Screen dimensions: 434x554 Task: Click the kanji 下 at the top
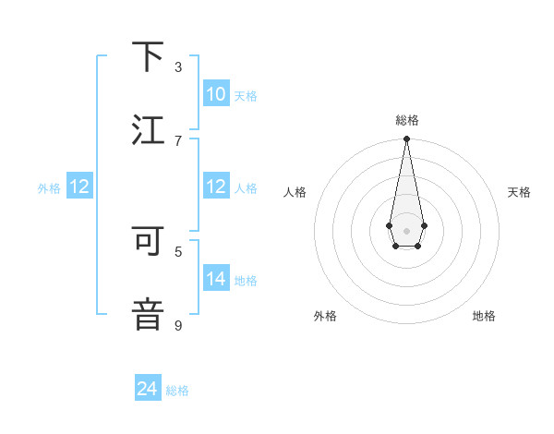(x=148, y=57)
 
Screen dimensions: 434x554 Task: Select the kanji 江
(x=148, y=130)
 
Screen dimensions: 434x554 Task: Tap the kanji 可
(x=148, y=241)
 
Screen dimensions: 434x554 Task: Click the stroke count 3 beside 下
(x=178, y=67)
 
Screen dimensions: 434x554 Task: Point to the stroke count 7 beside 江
(x=178, y=140)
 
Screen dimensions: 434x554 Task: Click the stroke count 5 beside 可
(x=178, y=251)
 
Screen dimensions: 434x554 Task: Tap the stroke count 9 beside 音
(x=178, y=325)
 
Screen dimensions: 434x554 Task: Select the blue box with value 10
(x=215, y=94)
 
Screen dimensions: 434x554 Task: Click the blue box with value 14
(x=215, y=279)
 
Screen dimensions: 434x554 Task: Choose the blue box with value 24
(x=148, y=390)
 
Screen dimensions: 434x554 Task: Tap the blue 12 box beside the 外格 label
(x=79, y=187)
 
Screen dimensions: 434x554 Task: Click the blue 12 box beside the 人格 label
(x=215, y=187)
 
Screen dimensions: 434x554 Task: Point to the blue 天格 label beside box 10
(x=246, y=96)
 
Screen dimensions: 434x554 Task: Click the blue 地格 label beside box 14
(x=246, y=281)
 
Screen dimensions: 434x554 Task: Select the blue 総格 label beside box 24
(x=177, y=391)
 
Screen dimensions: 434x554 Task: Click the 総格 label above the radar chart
(x=406, y=121)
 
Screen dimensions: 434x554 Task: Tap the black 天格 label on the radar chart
(x=519, y=192)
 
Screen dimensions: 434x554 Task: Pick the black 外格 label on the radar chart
(x=325, y=316)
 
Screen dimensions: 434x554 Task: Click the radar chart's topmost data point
(x=406, y=139)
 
